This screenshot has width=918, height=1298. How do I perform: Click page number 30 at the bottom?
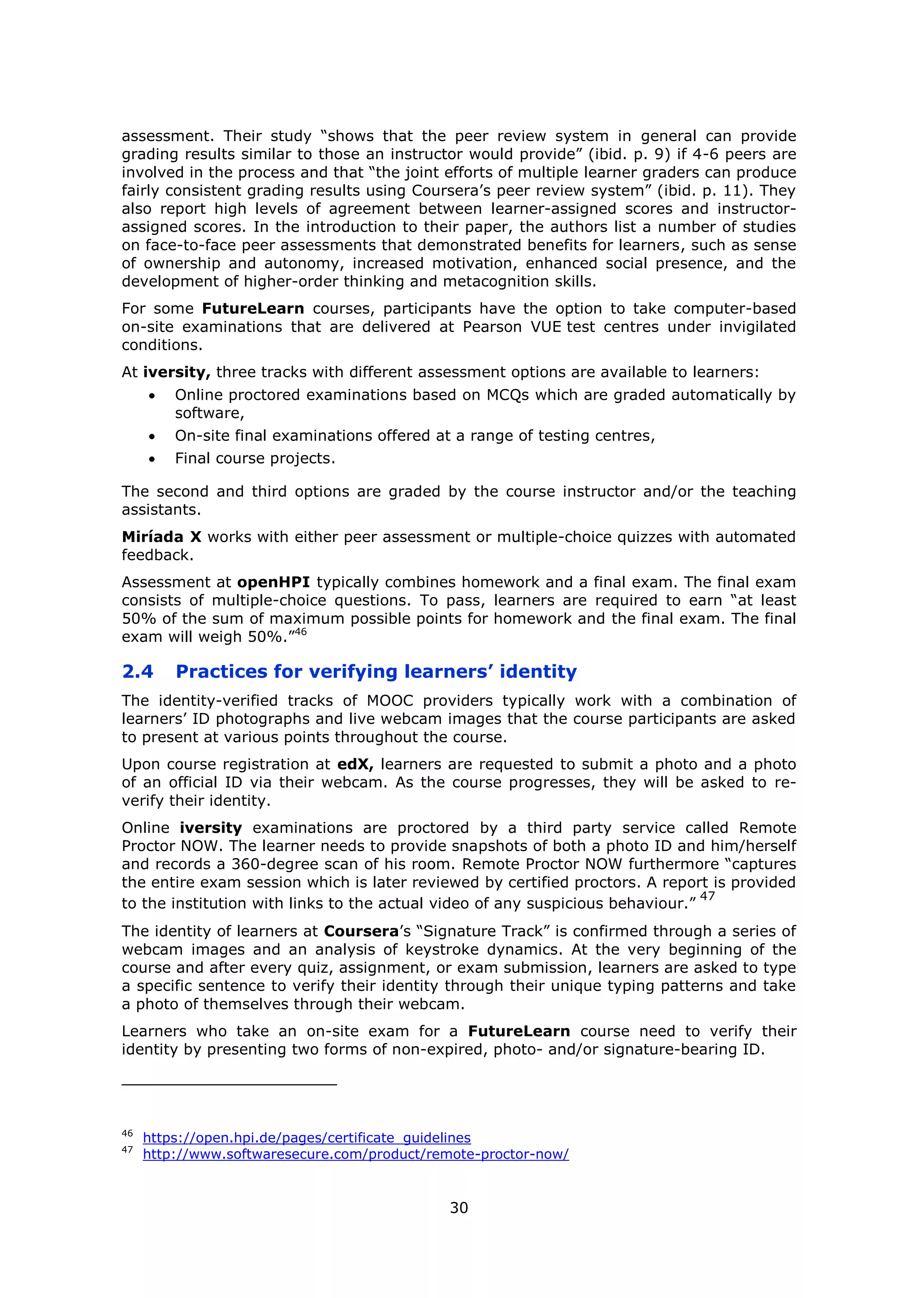tap(459, 1207)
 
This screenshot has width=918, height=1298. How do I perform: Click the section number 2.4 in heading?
tap(137, 671)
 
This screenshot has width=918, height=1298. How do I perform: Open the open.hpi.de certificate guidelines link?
tap(307, 1138)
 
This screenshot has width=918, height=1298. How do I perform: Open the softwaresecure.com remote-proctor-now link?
tap(355, 1154)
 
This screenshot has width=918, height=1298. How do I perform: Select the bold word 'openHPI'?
tap(273, 582)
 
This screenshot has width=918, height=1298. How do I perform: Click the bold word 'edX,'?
tap(355, 764)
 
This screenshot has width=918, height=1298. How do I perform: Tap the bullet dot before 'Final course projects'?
tap(152, 459)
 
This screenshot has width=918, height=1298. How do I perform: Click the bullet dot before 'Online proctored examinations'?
tap(152, 396)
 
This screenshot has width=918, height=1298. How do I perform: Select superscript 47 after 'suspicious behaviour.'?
tap(707, 896)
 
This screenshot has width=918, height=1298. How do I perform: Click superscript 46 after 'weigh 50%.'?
tap(300, 632)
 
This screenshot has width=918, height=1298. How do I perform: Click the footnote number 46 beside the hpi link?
tap(127, 1134)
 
